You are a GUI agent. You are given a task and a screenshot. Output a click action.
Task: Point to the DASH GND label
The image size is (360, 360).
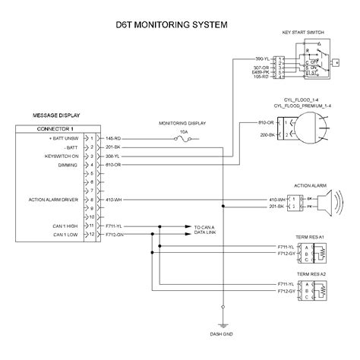222,333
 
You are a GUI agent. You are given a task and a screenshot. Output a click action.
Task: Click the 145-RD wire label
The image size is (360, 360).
113,137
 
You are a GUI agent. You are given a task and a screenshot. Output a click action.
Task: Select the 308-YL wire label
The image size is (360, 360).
113,156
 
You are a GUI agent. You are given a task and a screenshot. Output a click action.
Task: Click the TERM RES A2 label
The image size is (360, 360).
311,273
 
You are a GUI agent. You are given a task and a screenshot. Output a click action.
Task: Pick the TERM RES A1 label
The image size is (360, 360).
311,237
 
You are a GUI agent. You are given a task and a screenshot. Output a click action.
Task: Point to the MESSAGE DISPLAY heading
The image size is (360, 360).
57,115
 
